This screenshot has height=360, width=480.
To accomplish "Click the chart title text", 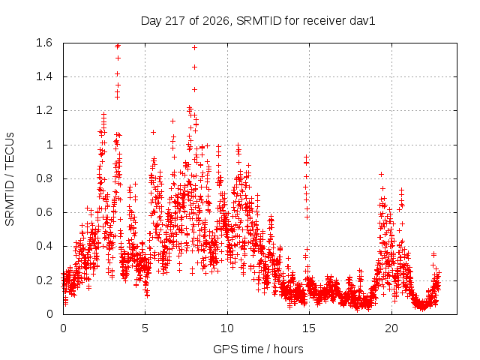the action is pos(258,21).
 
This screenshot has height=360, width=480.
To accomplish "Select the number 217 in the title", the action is pos(175,21).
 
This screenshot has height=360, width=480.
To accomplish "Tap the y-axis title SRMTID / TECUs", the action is pos(10,179).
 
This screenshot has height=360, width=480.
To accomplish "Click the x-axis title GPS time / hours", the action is pos(258,349).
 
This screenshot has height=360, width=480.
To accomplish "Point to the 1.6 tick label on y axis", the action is pos(44,43).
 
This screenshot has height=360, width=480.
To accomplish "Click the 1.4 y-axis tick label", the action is pos(44,76).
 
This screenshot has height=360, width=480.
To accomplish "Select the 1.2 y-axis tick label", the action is pos(44,110).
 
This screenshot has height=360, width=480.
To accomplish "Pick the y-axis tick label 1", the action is pos(49,145).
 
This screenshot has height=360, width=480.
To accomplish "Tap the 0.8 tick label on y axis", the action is pos(44,178).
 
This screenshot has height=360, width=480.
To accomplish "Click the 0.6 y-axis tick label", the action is pos(44,212).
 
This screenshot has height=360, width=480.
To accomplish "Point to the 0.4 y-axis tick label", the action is pos(44,246).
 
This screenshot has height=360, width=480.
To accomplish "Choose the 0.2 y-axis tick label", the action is pos(44,280).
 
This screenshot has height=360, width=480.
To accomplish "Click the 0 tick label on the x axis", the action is pos(63,328).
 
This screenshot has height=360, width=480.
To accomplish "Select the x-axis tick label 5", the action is pos(145,328).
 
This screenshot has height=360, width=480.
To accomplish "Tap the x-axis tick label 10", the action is pos(227,328).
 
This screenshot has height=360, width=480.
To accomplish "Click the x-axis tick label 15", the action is pos(309,328).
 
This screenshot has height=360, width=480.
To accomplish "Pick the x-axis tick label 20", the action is pos(391,328).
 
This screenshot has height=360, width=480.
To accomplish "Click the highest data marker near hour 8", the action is pos(194,48).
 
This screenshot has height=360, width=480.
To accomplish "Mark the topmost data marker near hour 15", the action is pos(306,157).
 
